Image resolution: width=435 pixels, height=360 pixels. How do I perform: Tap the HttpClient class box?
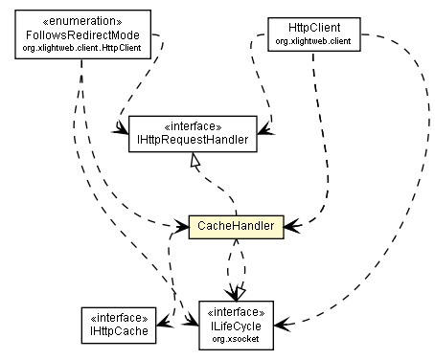[295, 33]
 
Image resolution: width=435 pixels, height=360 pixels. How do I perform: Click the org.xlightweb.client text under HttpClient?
[295, 40]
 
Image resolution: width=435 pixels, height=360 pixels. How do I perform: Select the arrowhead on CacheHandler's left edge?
[182, 227]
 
